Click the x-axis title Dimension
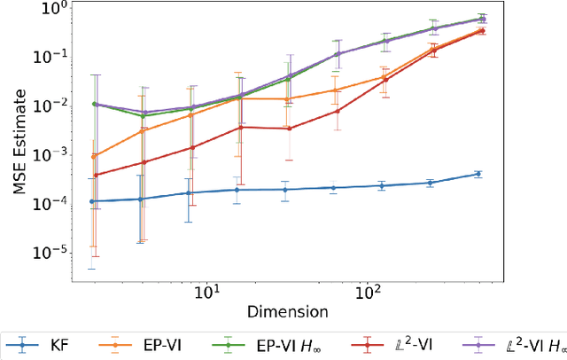(287, 312)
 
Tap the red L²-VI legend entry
(380, 344)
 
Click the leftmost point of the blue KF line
(94, 201)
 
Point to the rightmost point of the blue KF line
(478, 174)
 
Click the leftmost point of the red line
(94, 175)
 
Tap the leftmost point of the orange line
(94, 156)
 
